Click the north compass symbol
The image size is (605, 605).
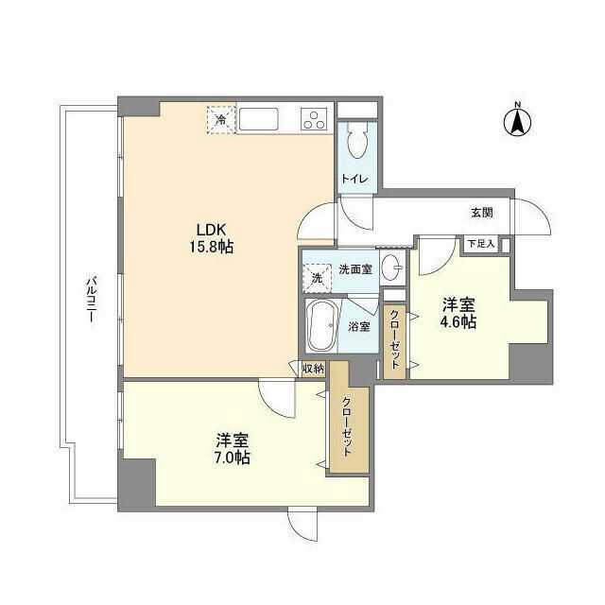517,120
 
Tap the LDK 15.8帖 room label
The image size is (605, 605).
215,237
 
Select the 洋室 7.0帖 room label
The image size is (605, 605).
233,449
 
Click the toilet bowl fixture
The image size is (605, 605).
356,143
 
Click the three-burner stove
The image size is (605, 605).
313,120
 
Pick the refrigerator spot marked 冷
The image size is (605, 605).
220,120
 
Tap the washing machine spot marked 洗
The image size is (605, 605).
317,278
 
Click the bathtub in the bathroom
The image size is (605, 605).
320,328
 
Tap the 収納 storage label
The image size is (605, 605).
313,369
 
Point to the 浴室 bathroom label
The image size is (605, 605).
358,326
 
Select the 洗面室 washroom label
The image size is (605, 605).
354,269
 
